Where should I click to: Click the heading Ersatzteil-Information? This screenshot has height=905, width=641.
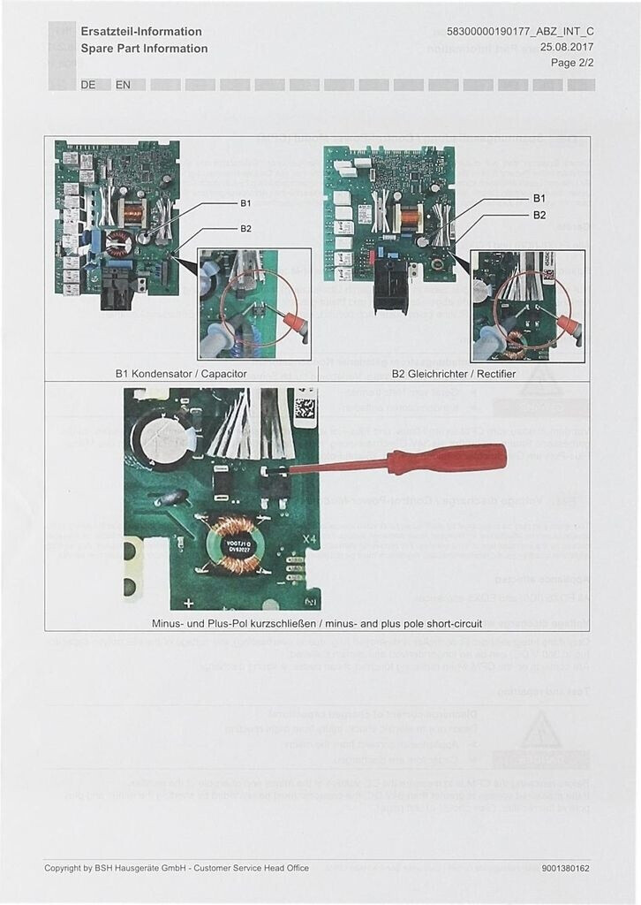click(141, 31)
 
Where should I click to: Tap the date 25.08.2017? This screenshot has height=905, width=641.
click(567, 47)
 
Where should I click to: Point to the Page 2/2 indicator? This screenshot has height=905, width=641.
click(572, 63)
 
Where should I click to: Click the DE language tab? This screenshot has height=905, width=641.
click(88, 85)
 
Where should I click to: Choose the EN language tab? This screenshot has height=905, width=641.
click(123, 85)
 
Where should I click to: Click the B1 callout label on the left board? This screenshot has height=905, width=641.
click(246, 203)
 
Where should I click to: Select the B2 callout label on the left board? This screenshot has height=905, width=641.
click(246, 229)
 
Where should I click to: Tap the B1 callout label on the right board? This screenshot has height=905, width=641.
click(539, 198)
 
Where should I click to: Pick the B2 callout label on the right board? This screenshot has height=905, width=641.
click(539, 215)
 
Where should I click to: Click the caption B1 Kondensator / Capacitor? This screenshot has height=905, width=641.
click(181, 374)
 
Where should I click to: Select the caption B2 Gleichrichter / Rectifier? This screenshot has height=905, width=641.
click(453, 374)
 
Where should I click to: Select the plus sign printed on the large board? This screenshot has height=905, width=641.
click(188, 603)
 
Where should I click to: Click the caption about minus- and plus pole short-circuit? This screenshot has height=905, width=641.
click(317, 623)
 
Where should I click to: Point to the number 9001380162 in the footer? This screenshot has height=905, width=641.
click(566, 869)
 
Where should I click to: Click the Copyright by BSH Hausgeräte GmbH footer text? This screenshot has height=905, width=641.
click(177, 869)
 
